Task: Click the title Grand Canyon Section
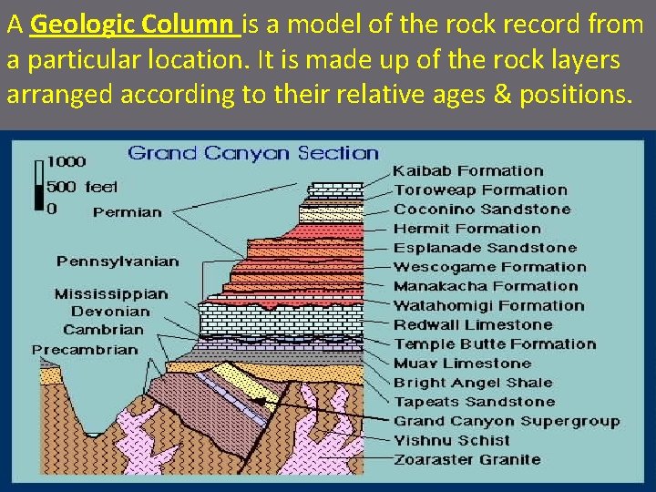pos(253,152)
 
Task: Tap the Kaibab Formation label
pos(467,170)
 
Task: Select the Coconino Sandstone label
pos(482,209)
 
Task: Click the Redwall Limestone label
pos(473,324)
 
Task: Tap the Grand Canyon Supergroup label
pos(506,421)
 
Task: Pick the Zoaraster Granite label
pos(466,459)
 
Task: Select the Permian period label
pos(127,212)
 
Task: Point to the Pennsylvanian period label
pos(118,261)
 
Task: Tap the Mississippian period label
pos(111,294)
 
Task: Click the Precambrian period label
pos(85,349)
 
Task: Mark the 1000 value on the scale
pos(67,162)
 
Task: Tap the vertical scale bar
pos(38,186)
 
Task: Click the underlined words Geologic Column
pos(135,25)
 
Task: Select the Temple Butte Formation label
pos(495,343)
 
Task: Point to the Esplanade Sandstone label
pos(485,247)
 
